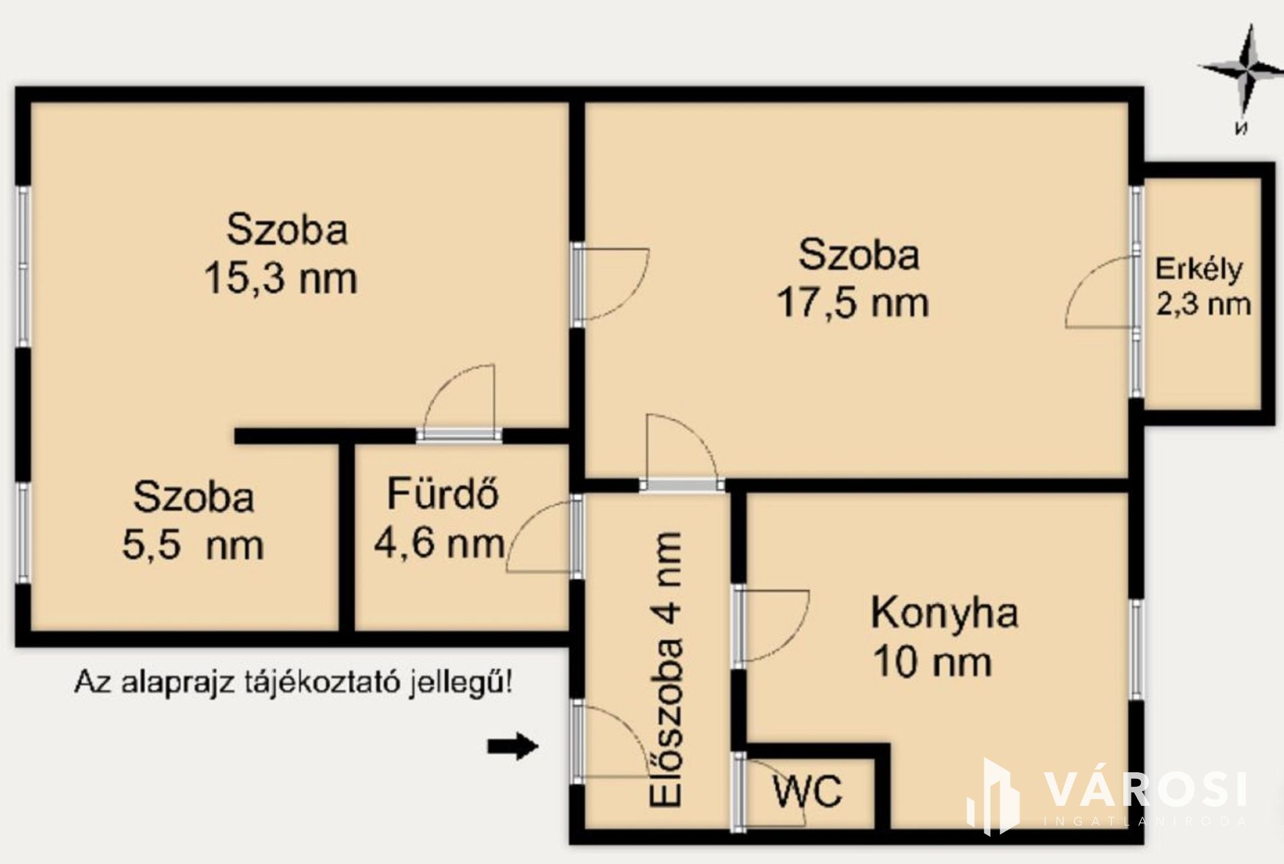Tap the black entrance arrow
[x=513, y=746]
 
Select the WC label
[x=808, y=791]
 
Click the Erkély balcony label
[x=1198, y=269]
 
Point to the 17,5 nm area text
[x=853, y=302]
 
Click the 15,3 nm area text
[x=280, y=277]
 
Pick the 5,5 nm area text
[x=192, y=543]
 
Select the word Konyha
[x=944, y=613]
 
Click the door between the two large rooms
[x=616, y=283]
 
